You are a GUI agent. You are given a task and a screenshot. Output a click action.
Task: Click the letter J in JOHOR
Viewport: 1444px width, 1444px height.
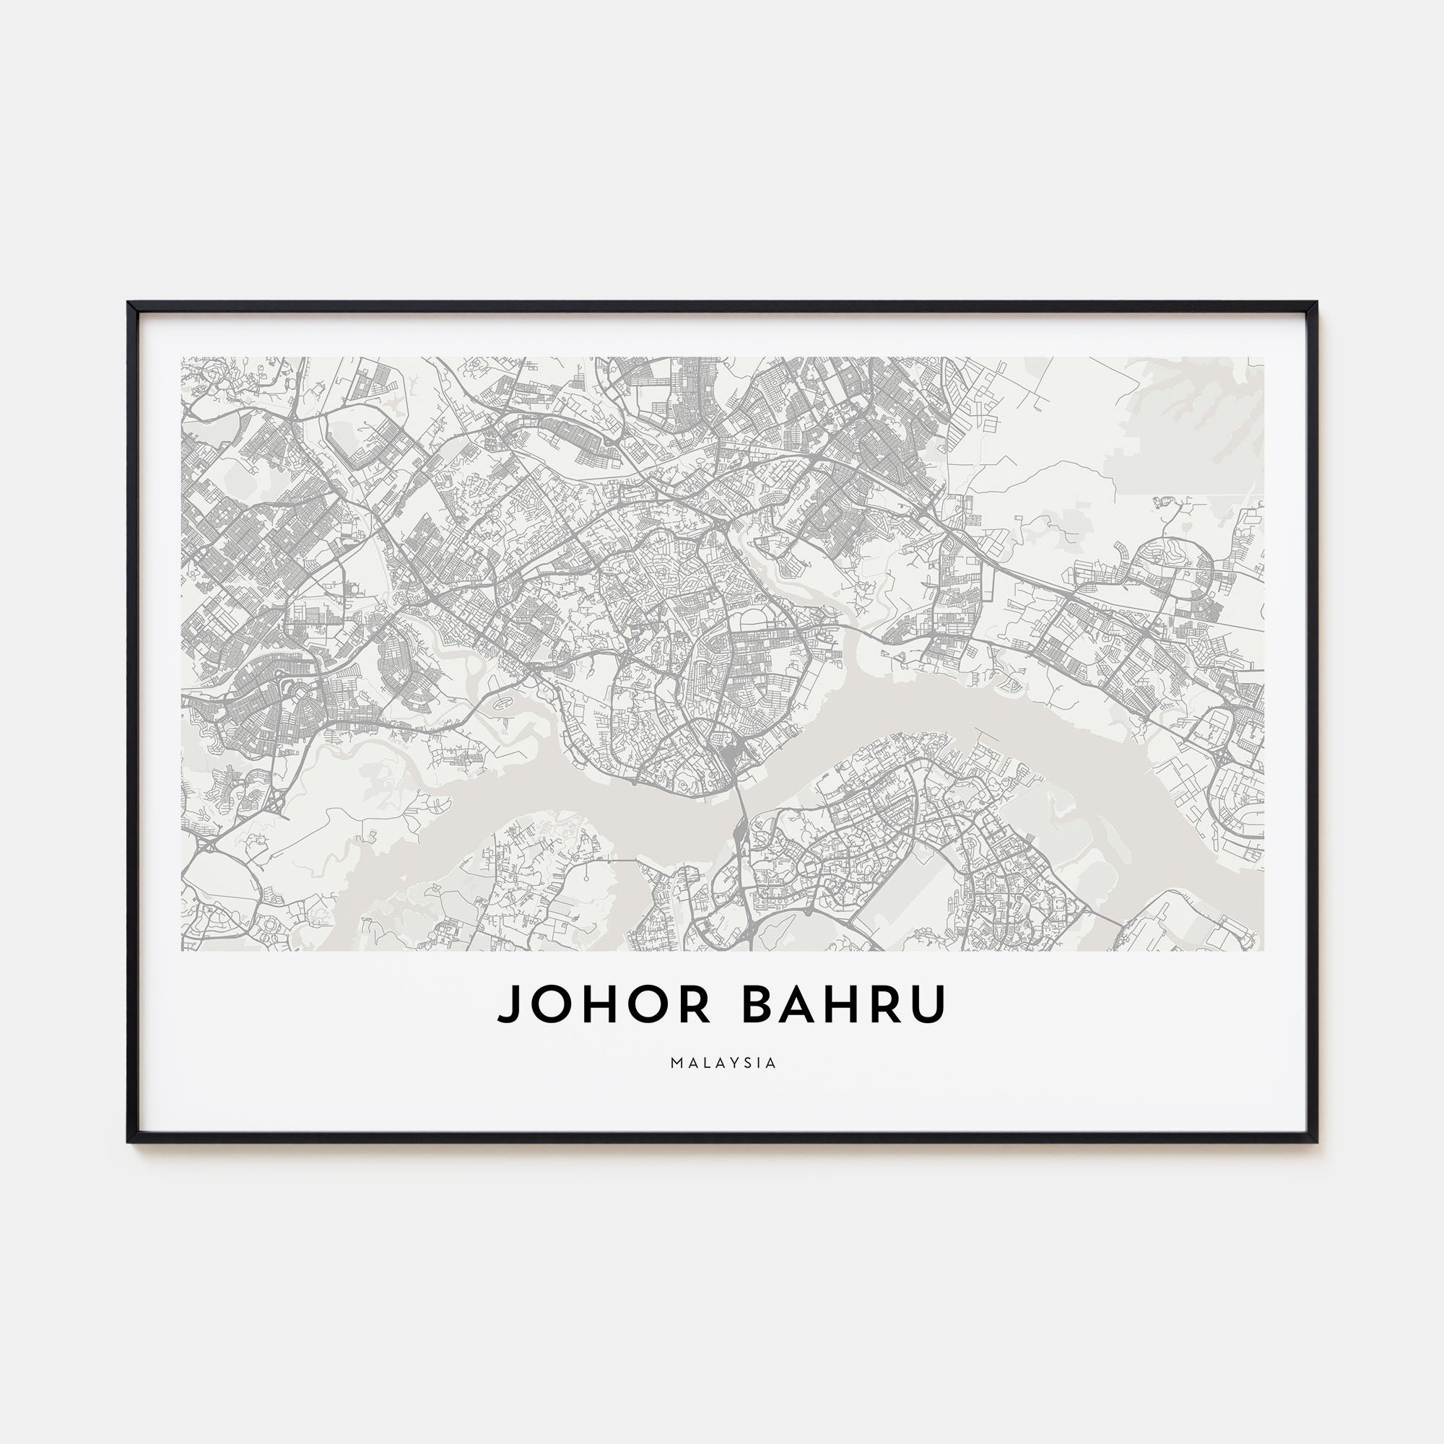tap(508, 1004)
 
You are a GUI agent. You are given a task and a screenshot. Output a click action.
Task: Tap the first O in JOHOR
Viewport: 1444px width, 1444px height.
tap(549, 1004)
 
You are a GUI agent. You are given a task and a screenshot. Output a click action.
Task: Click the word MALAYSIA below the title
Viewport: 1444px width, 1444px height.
tap(723, 1062)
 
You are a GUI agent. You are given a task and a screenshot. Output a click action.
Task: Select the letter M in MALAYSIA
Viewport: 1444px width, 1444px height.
tap(675, 1062)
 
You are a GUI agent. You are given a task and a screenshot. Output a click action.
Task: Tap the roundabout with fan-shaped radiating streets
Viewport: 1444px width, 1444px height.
tap(300, 694)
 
